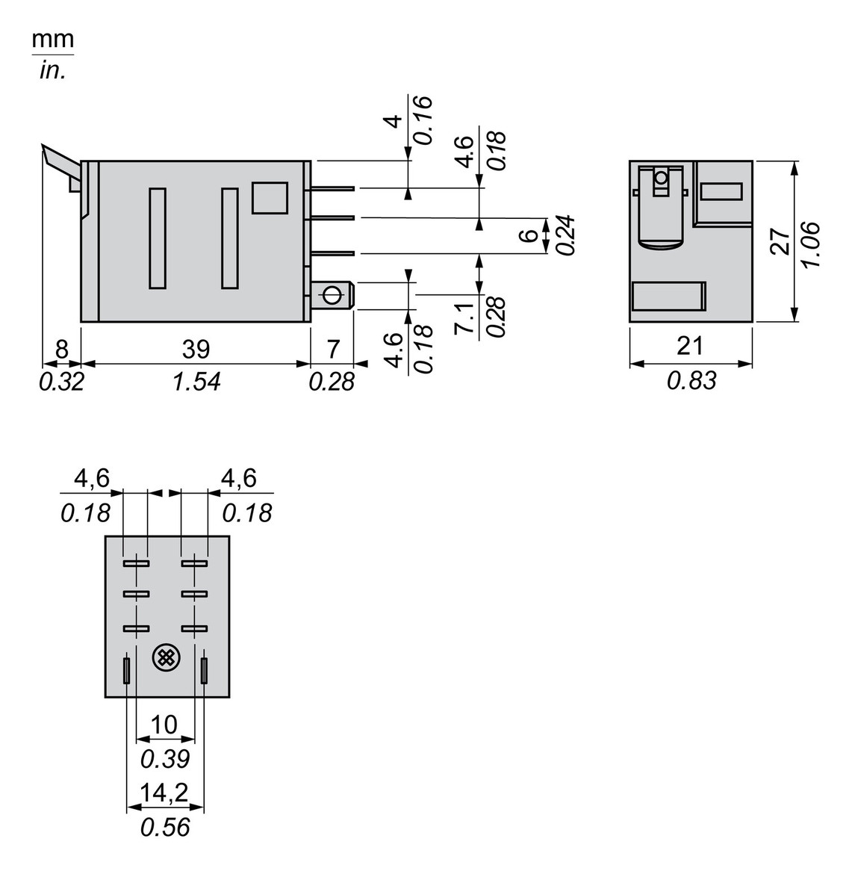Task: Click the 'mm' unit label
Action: pyautogui.click(x=52, y=40)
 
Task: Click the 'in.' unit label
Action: pyautogui.click(x=52, y=71)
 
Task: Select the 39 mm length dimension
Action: pyautogui.click(x=196, y=349)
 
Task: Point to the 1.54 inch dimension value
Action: pyautogui.click(x=196, y=381)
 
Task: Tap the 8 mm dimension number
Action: pyautogui.click(x=61, y=349)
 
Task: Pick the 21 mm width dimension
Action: pyautogui.click(x=689, y=346)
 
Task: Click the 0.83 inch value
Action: pyautogui.click(x=691, y=380)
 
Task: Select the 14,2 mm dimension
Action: pyautogui.click(x=164, y=793)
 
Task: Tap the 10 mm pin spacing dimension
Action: pyautogui.click(x=164, y=725)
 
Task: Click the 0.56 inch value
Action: pyautogui.click(x=165, y=827)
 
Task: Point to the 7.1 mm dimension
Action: pyautogui.click(x=464, y=319)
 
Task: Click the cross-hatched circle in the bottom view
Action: pyautogui.click(x=165, y=658)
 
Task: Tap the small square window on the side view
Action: pyautogui.click(x=270, y=198)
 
